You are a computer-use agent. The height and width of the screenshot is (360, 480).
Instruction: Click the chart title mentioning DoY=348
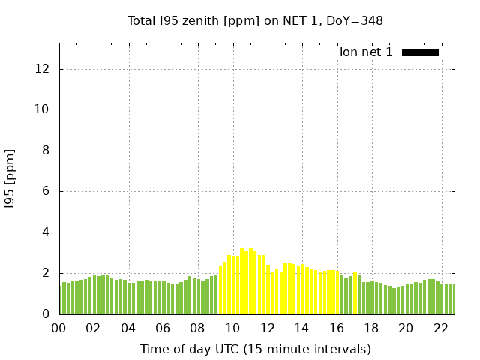click(x=255, y=21)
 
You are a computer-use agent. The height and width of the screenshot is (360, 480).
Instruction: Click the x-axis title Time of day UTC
click(x=255, y=349)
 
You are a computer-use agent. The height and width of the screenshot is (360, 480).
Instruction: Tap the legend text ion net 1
click(x=366, y=52)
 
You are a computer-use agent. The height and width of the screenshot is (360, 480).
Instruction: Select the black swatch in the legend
click(x=420, y=52)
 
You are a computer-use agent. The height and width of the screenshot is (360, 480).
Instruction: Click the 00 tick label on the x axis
click(x=58, y=328)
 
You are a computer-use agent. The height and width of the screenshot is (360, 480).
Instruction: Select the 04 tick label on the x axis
click(x=128, y=328)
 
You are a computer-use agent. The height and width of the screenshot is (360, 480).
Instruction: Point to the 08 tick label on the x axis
click(x=197, y=328)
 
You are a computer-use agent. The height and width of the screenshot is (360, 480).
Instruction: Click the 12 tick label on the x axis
click(x=267, y=328)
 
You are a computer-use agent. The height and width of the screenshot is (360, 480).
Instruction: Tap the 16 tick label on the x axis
click(x=336, y=328)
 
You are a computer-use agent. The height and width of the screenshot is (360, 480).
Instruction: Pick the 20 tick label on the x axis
click(x=406, y=328)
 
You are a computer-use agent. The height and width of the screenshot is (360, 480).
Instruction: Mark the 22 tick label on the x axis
click(x=440, y=328)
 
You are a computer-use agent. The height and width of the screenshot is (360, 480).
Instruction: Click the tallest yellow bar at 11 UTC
click(x=250, y=281)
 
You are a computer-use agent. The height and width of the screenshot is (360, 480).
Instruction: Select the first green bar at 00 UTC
click(x=61, y=300)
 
